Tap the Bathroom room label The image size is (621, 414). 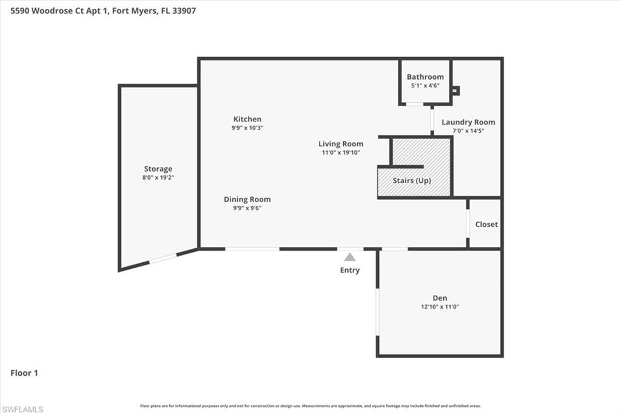tap(425, 77)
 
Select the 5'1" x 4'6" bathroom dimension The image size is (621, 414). tap(425, 86)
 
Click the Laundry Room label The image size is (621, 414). tap(468, 122)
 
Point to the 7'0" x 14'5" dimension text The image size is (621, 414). tap(468, 131)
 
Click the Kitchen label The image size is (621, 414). tap(247, 119)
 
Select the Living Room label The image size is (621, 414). tap(341, 144)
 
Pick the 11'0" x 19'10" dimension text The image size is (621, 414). tap(341, 152)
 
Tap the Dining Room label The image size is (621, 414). tap(247, 199)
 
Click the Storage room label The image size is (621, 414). tap(158, 169)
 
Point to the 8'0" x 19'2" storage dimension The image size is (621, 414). tap(158, 177)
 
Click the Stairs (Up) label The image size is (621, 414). tap(412, 180)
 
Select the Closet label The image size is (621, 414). tap(486, 224)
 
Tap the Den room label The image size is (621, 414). tap(440, 298)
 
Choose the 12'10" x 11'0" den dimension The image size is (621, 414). tap(440, 307)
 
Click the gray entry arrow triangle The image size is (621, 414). tap(350, 257)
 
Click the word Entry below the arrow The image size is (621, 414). tap(350, 270)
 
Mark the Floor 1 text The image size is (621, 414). tap(24, 373)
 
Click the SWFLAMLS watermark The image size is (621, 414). tap(22, 409)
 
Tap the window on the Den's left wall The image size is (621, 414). tap(377, 311)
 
